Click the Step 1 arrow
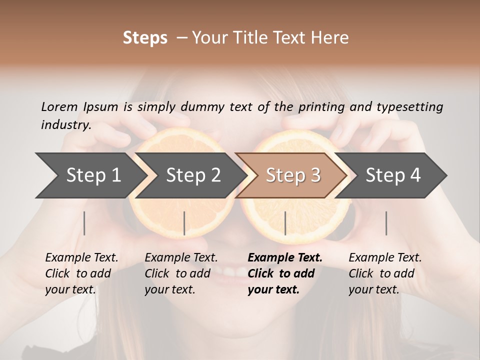coord(93,175)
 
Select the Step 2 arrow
coord(193,175)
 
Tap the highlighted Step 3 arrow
coord(293,175)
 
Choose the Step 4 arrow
coord(393,175)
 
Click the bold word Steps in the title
coord(145,38)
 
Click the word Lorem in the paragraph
coord(59,106)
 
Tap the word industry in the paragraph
coord(66,124)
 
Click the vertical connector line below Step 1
coord(84,223)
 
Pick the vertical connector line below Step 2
coord(184,223)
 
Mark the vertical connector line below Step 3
coord(285,223)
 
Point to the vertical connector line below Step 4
coord(386,223)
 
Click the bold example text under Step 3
coord(284,273)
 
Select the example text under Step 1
coord(81,273)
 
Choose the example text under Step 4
coord(384,273)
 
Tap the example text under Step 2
coord(181,273)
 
